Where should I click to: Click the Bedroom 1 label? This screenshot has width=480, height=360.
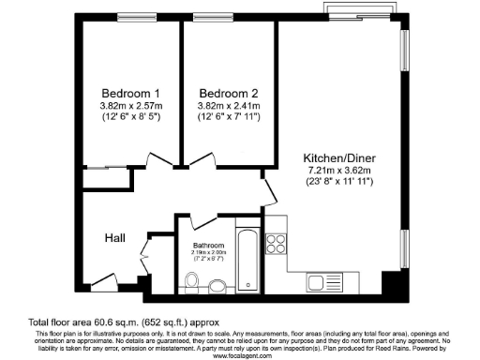coord(131,93)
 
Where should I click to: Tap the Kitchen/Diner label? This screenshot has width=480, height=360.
coord(338,157)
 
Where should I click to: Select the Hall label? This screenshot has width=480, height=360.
coord(116,237)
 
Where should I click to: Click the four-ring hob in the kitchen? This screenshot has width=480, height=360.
coord(277,245)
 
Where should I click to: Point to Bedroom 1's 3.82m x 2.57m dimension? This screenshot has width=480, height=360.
coord(131,105)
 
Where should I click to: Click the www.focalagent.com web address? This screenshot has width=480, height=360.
coord(241,355)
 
